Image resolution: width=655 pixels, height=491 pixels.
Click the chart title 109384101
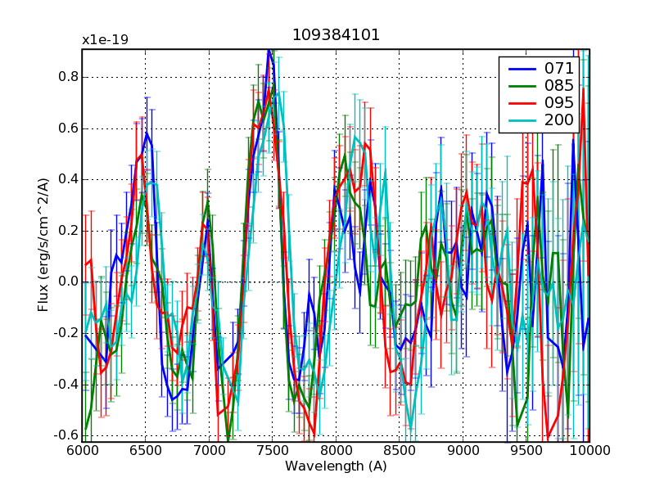point(336,36)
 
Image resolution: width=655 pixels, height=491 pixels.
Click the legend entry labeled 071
point(559,68)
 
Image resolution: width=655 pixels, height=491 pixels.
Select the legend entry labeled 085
point(559,85)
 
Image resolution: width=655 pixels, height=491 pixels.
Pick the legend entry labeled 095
point(559,103)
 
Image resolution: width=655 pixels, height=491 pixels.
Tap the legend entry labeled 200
point(559,120)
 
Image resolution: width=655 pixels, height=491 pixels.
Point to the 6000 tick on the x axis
point(82,451)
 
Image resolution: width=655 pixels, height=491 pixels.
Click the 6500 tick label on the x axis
point(146,451)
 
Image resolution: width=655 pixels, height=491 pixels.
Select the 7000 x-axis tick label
point(209,451)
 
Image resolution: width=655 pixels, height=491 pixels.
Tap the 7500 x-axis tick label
point(273,451)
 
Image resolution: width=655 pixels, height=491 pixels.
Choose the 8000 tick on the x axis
point(336,451)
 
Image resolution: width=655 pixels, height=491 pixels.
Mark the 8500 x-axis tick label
point(400,451)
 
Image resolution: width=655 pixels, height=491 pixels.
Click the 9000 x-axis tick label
point(463,451)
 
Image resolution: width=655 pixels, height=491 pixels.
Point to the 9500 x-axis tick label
point(526,451)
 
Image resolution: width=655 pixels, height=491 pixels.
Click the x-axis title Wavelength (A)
point(336,466)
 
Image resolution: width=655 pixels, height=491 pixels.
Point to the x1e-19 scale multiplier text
point(105,40)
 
